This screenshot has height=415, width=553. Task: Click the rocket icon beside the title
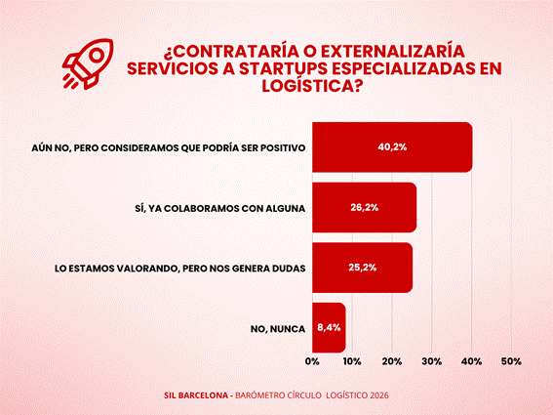point(88,63)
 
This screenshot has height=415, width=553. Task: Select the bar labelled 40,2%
point(392,147)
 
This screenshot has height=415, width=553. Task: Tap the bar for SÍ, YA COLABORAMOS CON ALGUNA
point(365,207)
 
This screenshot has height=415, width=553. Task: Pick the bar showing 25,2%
point(362,268)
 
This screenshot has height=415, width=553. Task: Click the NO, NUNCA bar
point(329,327)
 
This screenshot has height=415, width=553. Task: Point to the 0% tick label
point(312,361)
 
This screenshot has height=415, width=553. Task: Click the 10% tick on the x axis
point(352,361)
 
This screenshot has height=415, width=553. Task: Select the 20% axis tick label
point(392,361)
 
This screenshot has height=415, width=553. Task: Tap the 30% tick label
point(432,361)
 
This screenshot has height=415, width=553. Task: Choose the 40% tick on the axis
point(472,361)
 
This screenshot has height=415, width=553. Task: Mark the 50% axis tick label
point(511,361)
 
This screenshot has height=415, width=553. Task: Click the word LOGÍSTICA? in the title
point(312,86)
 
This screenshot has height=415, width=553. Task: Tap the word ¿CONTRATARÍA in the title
point(227,52)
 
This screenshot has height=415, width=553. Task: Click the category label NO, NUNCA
point(278,329)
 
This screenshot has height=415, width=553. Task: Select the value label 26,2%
point(365,207)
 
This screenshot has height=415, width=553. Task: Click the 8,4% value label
point(329,327)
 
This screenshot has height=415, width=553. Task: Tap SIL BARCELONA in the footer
point(196,395)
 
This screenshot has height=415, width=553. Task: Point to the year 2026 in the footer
point(379,395)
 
